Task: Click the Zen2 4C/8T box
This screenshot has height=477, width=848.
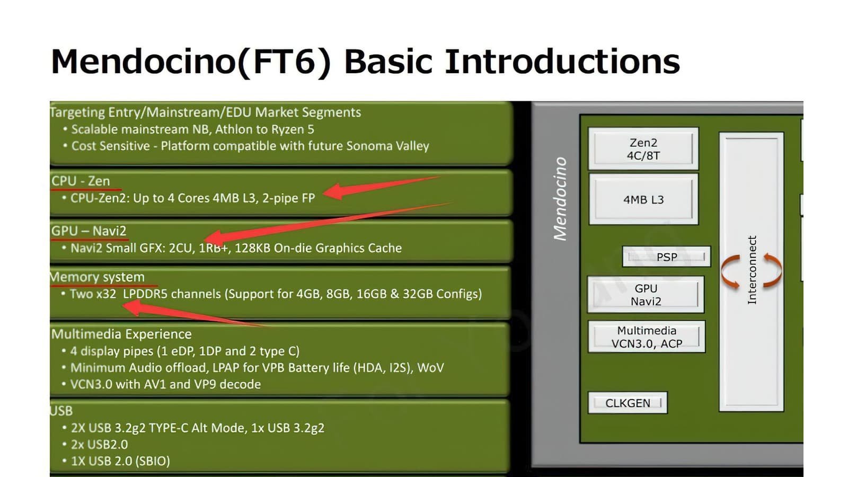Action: tap(643, 148)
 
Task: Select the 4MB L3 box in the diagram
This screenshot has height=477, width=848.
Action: tap(643, 199)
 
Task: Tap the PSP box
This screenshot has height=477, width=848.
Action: tap(666, 257)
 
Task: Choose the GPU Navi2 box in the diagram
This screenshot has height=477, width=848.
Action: tap(646, 295)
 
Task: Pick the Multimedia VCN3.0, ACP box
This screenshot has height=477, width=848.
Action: tap(647, 337)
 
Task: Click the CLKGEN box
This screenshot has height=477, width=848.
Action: tap(628, 403)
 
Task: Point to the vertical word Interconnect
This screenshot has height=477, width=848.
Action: tap(752, 270)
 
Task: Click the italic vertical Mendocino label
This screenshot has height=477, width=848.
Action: tap(560, 199)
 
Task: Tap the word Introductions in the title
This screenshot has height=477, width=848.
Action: tap(562, 61)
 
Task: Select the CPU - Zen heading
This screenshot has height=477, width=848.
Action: tap(81, 181)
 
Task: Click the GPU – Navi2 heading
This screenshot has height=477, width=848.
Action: tap(89, 231)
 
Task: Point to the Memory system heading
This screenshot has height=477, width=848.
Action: tap(98, 277)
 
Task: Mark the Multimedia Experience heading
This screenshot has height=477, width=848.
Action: tap(121, 334)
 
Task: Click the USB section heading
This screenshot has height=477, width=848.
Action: tap(61, 411)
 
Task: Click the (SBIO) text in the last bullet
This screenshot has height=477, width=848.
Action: tap(153, 461)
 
